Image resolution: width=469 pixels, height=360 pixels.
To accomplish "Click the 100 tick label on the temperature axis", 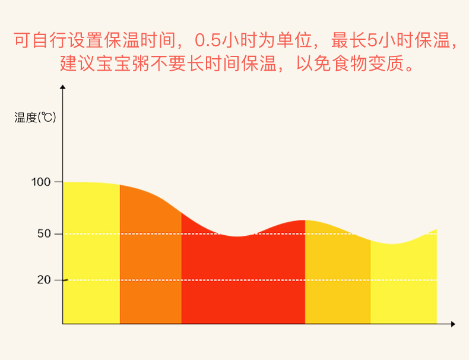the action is point(41,182).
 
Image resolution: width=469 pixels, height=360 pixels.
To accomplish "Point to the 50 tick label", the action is point(45,233).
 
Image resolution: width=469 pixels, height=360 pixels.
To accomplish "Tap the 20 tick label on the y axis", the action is point(44,280).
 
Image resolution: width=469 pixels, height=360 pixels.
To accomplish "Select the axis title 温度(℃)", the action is point(35,117).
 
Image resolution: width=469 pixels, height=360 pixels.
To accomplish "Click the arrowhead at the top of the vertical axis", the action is point(62,87).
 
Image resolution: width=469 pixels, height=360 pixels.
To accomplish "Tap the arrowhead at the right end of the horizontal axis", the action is point(453,324).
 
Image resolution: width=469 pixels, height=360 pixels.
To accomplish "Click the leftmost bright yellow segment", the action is point(91,253).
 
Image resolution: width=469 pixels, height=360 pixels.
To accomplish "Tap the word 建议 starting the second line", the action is point(77,63).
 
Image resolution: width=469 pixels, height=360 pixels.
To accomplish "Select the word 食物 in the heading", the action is point(350,63).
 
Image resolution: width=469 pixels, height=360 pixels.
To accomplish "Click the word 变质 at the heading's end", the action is point(386,63).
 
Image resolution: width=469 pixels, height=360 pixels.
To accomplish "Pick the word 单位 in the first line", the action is point(294,40).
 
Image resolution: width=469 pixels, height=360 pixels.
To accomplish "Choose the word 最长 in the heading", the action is point(349,40).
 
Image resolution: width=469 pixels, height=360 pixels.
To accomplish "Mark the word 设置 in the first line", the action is point(85,40).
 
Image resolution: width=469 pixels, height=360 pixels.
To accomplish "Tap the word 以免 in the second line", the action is point(314,63).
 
